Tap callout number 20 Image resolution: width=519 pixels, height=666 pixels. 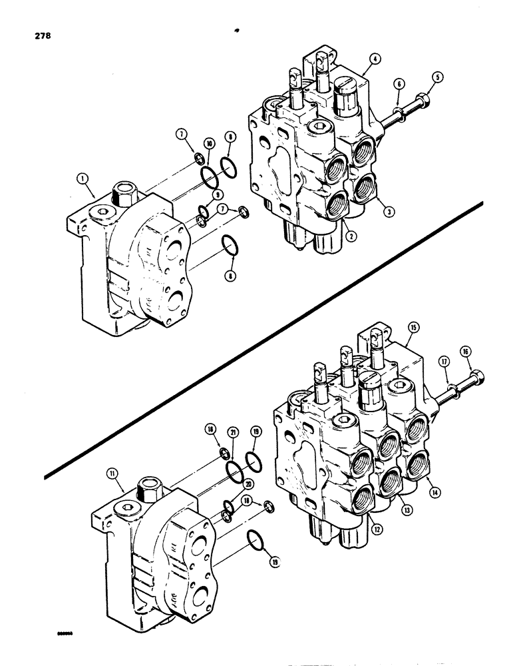pos(231,484)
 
